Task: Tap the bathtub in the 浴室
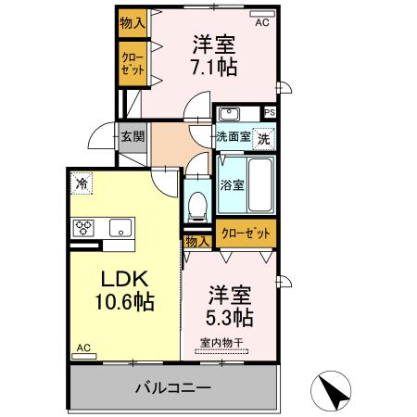tap(260, 185)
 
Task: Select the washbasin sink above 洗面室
tap(229, 114)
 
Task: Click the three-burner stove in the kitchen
tap(83, 228)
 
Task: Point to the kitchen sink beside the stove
tap(120, 228)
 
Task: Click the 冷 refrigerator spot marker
tap(82, 183)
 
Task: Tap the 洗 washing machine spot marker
tap(264, 139)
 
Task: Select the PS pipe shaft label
tap(270, 112)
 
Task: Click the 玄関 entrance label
tap(133, 136)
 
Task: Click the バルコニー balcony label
tap(173, 387)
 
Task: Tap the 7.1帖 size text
tap(214, 67)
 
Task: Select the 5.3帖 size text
tap(229, 317)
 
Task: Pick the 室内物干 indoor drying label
tap(221, 343)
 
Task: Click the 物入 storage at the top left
tap(133, 23)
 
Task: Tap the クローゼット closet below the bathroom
tap(246, 234)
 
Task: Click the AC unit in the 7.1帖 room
tap(262, 14)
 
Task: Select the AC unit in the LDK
tap(84, 356)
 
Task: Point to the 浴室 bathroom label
tap(232, 185)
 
